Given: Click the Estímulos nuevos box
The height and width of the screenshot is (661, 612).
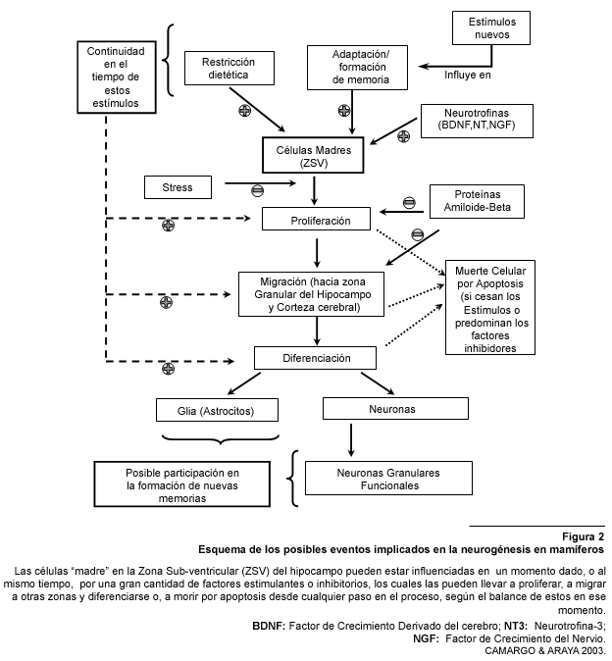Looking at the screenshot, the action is pos(491,27).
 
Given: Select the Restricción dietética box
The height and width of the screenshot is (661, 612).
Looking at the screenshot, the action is pos(229,69).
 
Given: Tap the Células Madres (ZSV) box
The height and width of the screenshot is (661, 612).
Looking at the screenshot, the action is pos(313,155).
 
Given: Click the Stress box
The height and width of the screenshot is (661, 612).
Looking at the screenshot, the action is pos(178,187).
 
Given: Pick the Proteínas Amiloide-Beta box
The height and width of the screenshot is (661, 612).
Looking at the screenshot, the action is pos(477,201).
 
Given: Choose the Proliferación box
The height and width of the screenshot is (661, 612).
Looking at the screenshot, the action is pos(316,219).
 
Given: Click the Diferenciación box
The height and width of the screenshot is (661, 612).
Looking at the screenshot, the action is pos(315,358).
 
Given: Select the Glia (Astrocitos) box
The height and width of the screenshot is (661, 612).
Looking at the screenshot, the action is pos(217,410).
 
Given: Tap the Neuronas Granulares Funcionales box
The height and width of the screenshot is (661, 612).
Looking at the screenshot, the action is pos(388,478).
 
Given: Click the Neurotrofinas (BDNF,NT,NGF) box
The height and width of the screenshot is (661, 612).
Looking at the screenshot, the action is pos(477,121).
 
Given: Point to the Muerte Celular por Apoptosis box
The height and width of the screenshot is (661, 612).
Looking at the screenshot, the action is pos(490,307).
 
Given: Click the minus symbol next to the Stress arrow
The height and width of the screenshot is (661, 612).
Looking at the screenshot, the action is pos(258,190).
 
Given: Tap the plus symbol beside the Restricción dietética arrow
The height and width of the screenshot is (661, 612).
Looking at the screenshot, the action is pos(245,111).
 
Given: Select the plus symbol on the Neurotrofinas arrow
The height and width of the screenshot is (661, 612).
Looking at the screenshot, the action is pos(404,135).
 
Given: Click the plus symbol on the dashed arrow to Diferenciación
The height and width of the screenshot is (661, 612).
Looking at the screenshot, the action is pos(168,369).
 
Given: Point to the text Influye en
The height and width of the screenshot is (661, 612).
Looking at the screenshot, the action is pos(468,76).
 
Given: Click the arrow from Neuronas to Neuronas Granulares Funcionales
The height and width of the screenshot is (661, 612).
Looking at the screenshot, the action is pos(351,440).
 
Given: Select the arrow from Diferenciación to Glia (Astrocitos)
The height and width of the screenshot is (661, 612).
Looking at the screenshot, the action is pos(244,383).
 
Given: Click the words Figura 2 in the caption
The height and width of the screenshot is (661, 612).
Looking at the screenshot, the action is pos(584,536).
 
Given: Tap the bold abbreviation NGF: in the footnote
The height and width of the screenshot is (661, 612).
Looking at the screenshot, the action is pos(426,638).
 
